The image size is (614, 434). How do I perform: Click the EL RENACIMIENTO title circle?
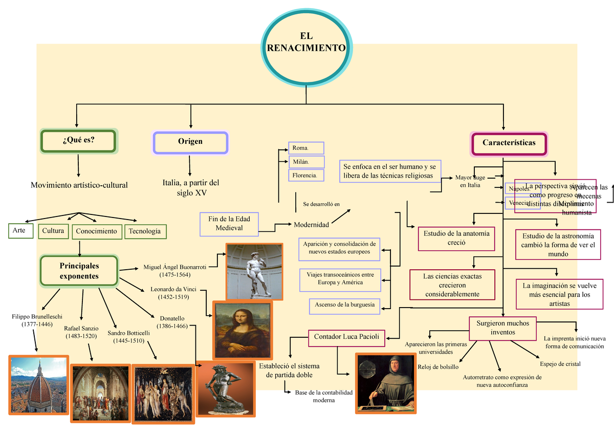tap(306, 44)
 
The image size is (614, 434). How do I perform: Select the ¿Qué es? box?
tap(78, 141)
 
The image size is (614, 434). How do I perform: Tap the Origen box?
tap(190, 142)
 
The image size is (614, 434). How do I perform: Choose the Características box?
tap(509, 143)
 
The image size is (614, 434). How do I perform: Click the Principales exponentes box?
tap(79, 271)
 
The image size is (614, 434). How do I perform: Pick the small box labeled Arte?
tap(21, 231)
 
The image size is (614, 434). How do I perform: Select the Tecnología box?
tap(145, 231)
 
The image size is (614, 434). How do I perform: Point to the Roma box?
tap(306, 148)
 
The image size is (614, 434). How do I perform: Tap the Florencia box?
tap(306, 176)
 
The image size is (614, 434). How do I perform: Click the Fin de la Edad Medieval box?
tap(229, 224)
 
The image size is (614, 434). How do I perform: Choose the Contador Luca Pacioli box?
tap(346, 337)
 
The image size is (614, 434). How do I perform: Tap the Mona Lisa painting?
tap(243, 331)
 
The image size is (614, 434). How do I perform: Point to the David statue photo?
tap(254, 270)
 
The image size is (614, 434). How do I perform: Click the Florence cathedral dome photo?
tap(39, 384)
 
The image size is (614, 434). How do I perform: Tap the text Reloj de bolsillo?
tap(438, 367)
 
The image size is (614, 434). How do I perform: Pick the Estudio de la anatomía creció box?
tap(456, 238)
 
